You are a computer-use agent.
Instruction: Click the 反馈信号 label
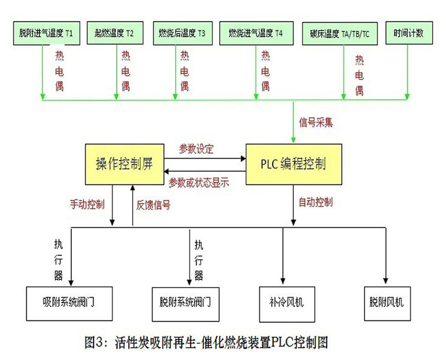(x=153, y=205)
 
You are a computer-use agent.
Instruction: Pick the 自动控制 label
(x=316, y=202)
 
